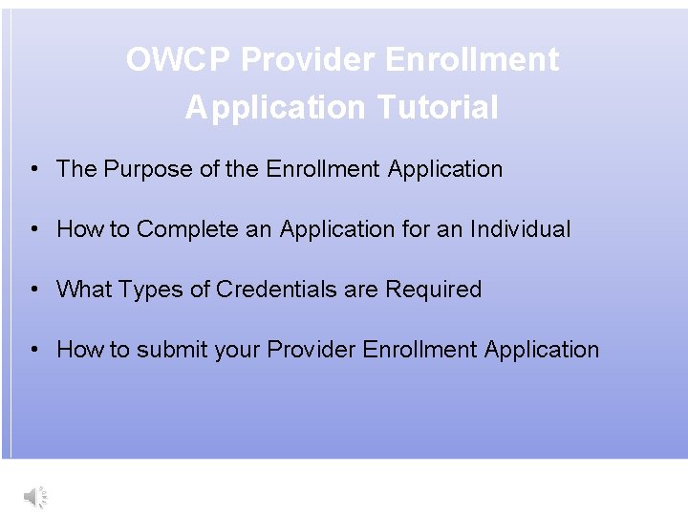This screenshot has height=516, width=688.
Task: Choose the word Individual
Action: click(x=520, y=229)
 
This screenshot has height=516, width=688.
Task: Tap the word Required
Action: click(x=433, y=290)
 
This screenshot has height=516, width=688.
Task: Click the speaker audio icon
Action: click(x=35, y=496)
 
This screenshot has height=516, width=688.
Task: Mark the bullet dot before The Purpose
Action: click(x=33, y=169)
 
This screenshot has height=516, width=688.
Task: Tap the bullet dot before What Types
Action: click(x=33, y=290)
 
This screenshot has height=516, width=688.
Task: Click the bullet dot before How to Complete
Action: click(x=33, y=229)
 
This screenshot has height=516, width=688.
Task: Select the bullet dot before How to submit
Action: click(x=33, y=350)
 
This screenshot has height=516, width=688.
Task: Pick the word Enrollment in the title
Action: click(x=471, y=60)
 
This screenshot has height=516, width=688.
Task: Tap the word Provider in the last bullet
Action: click(x=311, y=350)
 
